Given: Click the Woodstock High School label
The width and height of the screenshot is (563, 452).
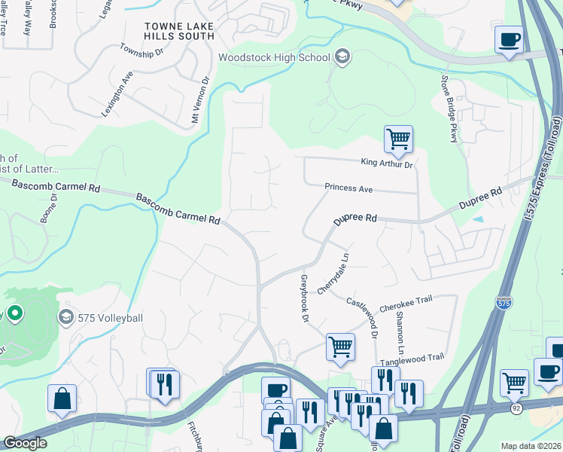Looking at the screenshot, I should [x=274, y=57].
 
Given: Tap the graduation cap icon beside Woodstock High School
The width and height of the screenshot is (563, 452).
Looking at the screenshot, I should [x=342, y=56].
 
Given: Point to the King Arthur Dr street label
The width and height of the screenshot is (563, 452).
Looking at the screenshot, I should [x=387, y=162].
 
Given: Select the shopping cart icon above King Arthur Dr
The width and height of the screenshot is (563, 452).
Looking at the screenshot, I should [x=398, y=139].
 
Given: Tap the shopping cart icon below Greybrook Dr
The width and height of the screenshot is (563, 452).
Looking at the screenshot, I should [x=340, y=347].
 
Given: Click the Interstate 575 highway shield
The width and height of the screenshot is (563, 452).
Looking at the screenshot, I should [x=504, y=302].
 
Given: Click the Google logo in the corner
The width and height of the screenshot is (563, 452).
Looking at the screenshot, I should [x=25, y=443].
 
